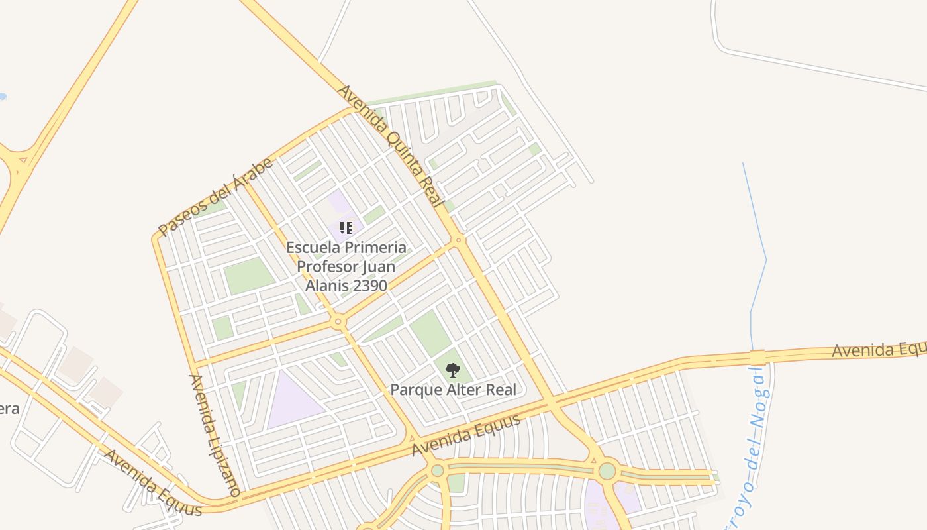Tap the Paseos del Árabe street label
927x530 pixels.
tap(216, 197)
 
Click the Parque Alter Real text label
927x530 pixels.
tap(453, 390)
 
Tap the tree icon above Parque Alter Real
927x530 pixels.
tap(453, 370)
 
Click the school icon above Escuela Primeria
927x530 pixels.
tap(346, 229)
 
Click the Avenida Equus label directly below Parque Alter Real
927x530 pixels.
tap(466, 435)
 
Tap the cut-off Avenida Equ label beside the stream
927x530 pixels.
tap(878, 348)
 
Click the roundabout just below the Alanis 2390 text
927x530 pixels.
tap(338, 322)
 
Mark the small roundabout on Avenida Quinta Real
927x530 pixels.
tap(458, 240)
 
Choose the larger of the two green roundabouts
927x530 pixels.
tap(607, 471)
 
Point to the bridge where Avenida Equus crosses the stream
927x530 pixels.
tap(758, 357)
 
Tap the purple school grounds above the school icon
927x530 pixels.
tap(339, 202)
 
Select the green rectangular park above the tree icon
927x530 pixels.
tap(430, 333)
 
